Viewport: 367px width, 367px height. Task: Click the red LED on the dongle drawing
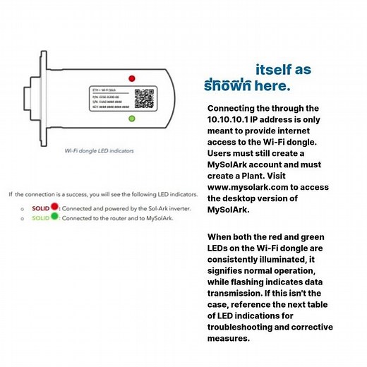point(132,78)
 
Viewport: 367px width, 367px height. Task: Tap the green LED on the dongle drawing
point(132,119)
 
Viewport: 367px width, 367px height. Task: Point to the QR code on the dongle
point(144,97)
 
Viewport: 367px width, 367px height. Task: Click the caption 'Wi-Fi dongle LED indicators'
point(99,150)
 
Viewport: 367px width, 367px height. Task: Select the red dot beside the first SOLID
point(54,209)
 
